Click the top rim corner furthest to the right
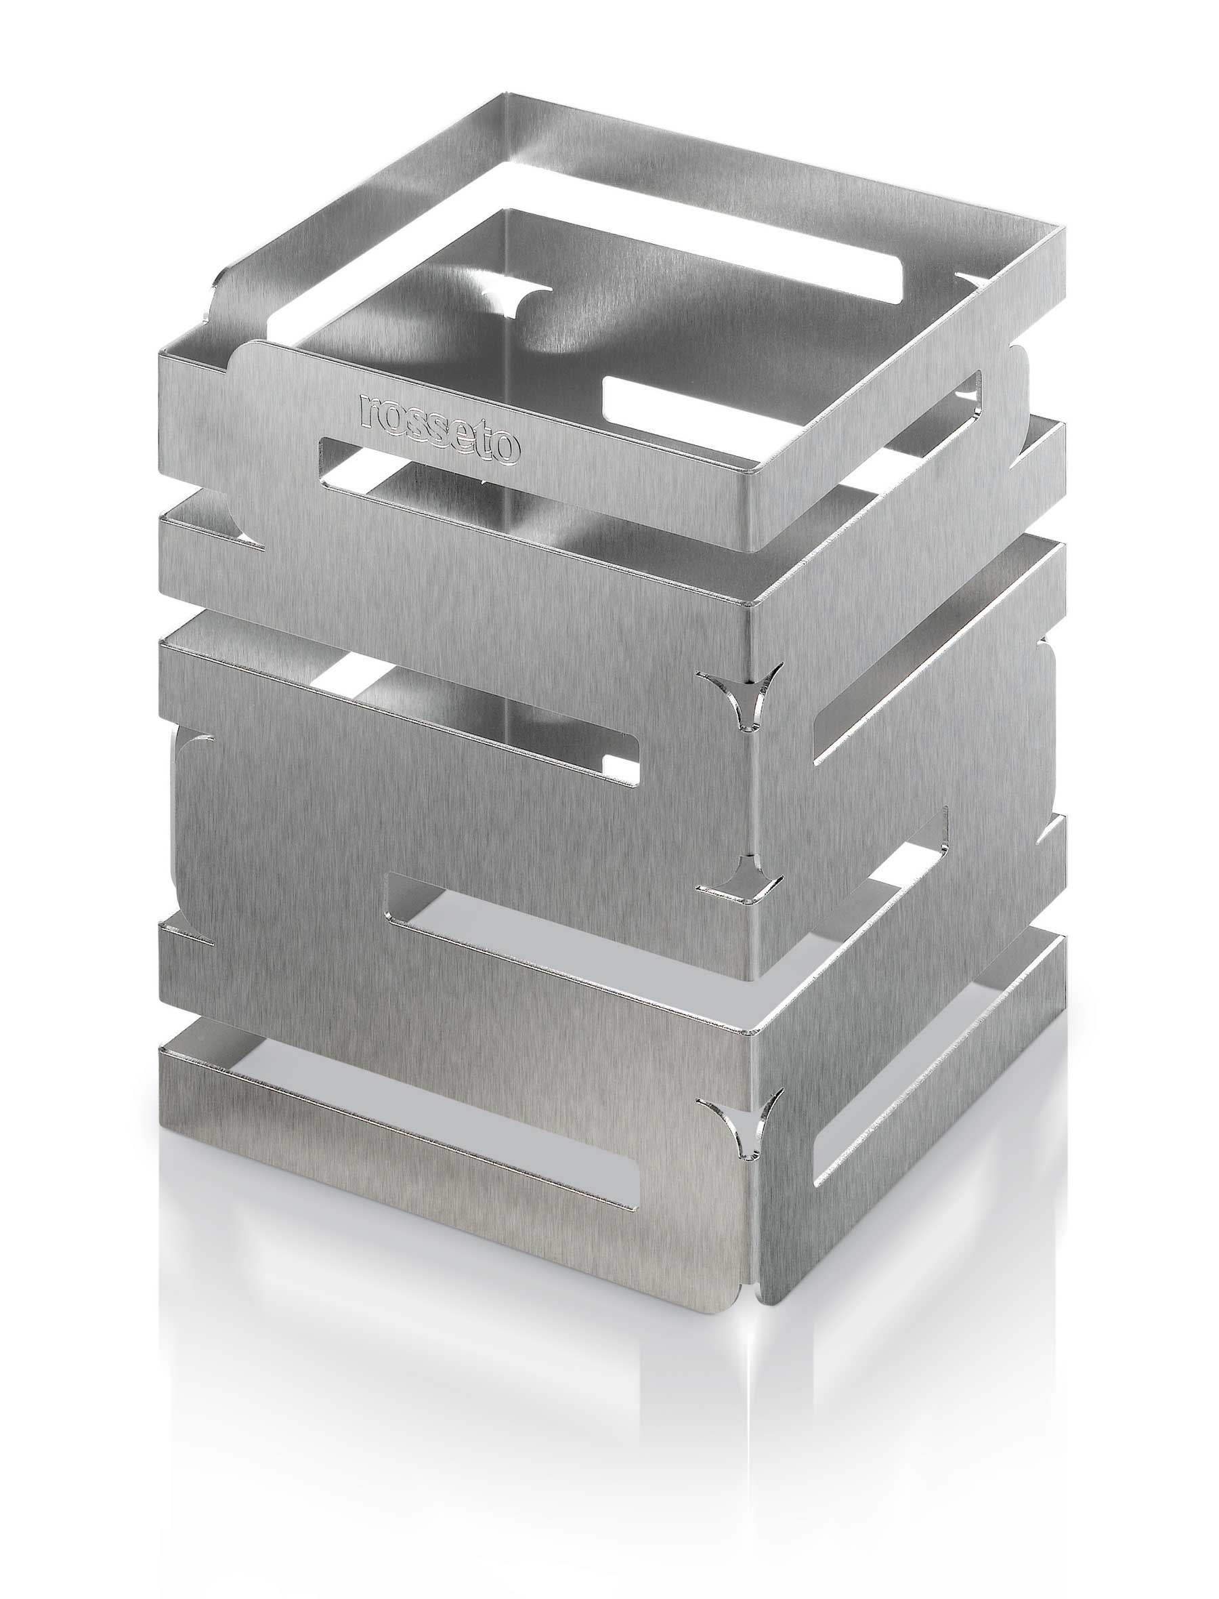pyautogui.click(x=1065, y=231)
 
